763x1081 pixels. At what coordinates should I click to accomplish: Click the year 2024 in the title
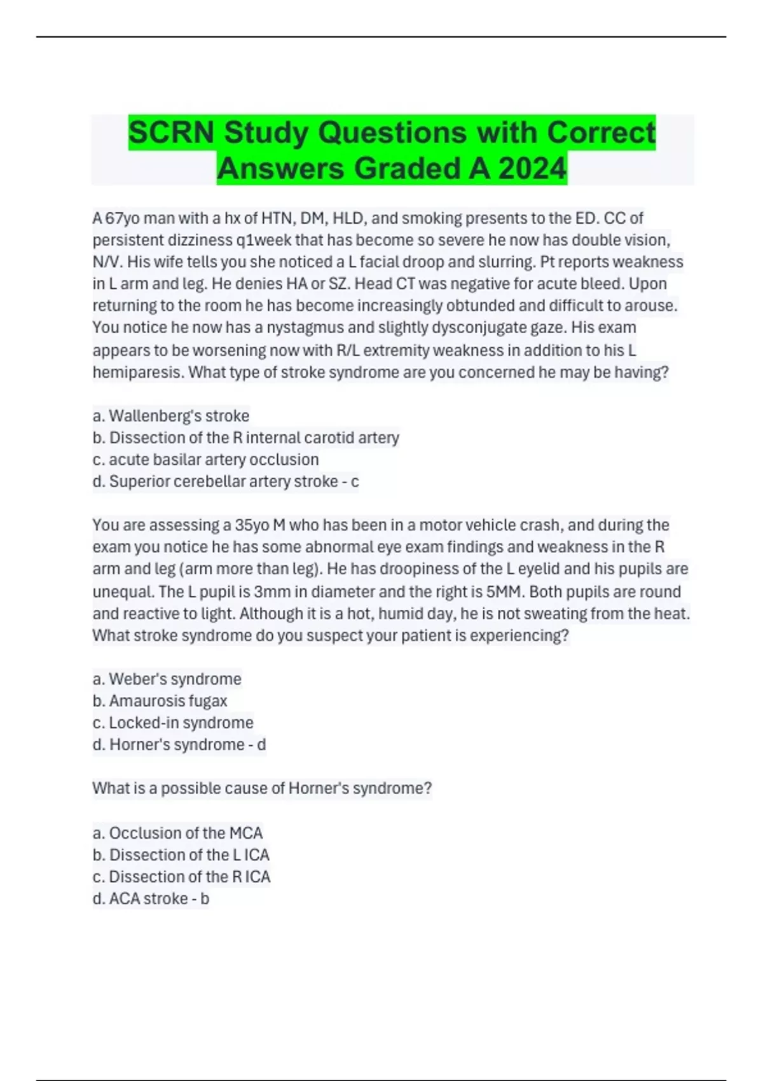(x=532, y=169)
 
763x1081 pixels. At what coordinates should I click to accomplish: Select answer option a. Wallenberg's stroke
(x=171, y=416)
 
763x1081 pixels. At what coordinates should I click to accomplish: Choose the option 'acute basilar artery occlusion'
(x=206, y=459)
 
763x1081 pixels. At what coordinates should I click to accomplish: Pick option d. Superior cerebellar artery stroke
(x=226, y=481)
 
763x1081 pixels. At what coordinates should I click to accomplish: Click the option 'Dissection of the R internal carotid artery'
(x=246, y=437)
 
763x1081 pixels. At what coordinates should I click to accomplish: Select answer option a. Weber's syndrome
(x=167, y=679)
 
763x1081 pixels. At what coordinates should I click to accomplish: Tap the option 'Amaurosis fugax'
(x=160, y=701)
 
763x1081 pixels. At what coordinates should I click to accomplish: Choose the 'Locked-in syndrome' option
(x=173, y=723)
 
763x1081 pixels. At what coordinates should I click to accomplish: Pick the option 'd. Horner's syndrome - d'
(x=179, y=745)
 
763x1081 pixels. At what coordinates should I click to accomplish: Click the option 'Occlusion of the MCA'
(x=178, y=833)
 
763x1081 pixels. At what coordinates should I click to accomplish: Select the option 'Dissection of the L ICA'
(x=181, y=855)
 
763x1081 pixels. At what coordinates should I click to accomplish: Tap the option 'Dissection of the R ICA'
(x=182, y=877)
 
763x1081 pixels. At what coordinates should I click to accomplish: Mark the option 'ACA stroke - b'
(x=151, y=899)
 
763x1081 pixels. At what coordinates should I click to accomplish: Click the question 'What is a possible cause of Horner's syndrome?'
(x=262, y=788)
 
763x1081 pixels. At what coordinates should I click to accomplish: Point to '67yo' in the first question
(x=121, y=219)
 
